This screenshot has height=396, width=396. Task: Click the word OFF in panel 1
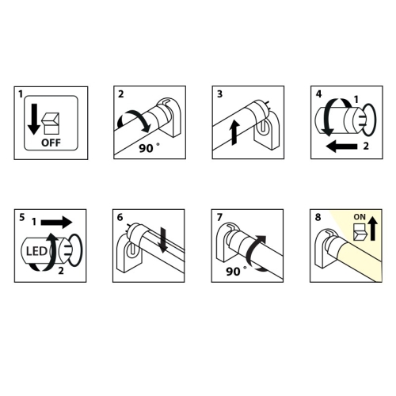pos(51,143)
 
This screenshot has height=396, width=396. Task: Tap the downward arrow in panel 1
pos(34,119)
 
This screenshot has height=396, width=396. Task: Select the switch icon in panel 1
pos(51,124)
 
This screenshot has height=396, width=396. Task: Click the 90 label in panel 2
pos(146,148)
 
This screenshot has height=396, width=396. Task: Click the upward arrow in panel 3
pos(234,133)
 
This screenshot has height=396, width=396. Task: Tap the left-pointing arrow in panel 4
pos(341,147)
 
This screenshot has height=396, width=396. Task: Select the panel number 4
pos(319,94)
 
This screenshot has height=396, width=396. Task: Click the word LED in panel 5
pos(36,251)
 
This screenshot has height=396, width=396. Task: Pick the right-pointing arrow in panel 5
pos(56,223)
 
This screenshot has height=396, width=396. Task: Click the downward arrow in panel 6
pos(163,240)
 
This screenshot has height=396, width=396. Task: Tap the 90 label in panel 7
pos(233,272)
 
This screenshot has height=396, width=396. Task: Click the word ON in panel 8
pos(360,217)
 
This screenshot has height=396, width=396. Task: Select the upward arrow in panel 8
pos(372,227)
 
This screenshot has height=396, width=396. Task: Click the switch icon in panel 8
pos(359,232)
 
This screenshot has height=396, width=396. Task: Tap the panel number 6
pos(120,217)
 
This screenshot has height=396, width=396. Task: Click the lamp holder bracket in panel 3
pos(267,130)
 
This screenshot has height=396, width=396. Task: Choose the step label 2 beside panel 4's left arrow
pos(366,146)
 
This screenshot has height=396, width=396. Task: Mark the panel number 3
pos(219,94)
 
